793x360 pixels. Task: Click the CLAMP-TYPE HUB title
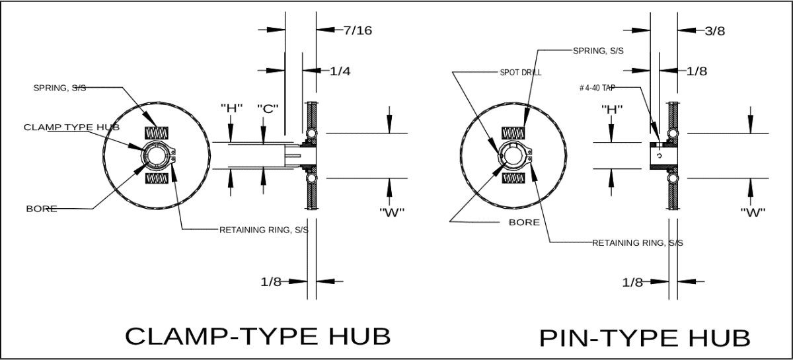(258, 336)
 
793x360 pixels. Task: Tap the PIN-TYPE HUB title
(644, 338)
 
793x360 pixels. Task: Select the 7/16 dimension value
(358, 30)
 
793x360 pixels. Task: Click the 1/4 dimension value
(340, 71)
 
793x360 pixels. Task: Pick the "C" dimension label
(266, 108)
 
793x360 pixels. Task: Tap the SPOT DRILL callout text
(521, 73)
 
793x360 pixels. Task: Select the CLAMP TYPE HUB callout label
(71, 126)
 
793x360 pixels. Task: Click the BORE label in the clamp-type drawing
(41, 209)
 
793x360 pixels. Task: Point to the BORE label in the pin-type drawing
(523, 222)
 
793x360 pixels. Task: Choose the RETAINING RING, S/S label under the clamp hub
(264, 230)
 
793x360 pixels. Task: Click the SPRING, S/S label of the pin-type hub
(598, 50)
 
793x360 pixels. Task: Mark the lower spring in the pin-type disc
(513, 178)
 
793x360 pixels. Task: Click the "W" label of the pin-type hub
(753, 212)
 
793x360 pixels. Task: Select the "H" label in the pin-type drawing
(612, 108)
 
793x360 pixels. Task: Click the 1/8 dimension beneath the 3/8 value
(696, 71)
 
